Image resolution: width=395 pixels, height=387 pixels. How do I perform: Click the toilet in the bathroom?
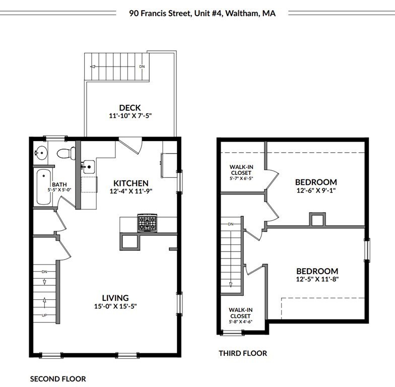pos(66,152)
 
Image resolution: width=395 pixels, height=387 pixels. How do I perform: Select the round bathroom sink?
pos(40,151)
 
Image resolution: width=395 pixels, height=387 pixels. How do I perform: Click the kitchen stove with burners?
pos(148,223)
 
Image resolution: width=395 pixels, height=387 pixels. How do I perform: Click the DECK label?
pos(130,107)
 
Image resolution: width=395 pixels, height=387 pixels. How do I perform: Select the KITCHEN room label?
pos(130,183)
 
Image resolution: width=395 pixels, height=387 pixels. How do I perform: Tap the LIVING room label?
pos(115,298)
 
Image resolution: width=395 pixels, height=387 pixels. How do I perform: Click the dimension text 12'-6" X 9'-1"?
pos(316,191)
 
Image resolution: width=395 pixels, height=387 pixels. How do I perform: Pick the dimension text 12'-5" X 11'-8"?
pos(316,280)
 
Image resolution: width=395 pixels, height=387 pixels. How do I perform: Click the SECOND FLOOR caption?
pos(58,379)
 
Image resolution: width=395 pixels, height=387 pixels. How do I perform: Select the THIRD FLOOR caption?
pos(243,353)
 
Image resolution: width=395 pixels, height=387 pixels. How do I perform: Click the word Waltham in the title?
pos(242,14)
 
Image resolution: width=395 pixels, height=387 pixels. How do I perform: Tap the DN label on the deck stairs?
pos(142,67)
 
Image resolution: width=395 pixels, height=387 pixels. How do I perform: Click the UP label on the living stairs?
pos(45,316)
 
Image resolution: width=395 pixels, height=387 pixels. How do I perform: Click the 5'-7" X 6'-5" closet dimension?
pos(240,178)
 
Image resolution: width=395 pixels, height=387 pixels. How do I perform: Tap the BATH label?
pos(59,184)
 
